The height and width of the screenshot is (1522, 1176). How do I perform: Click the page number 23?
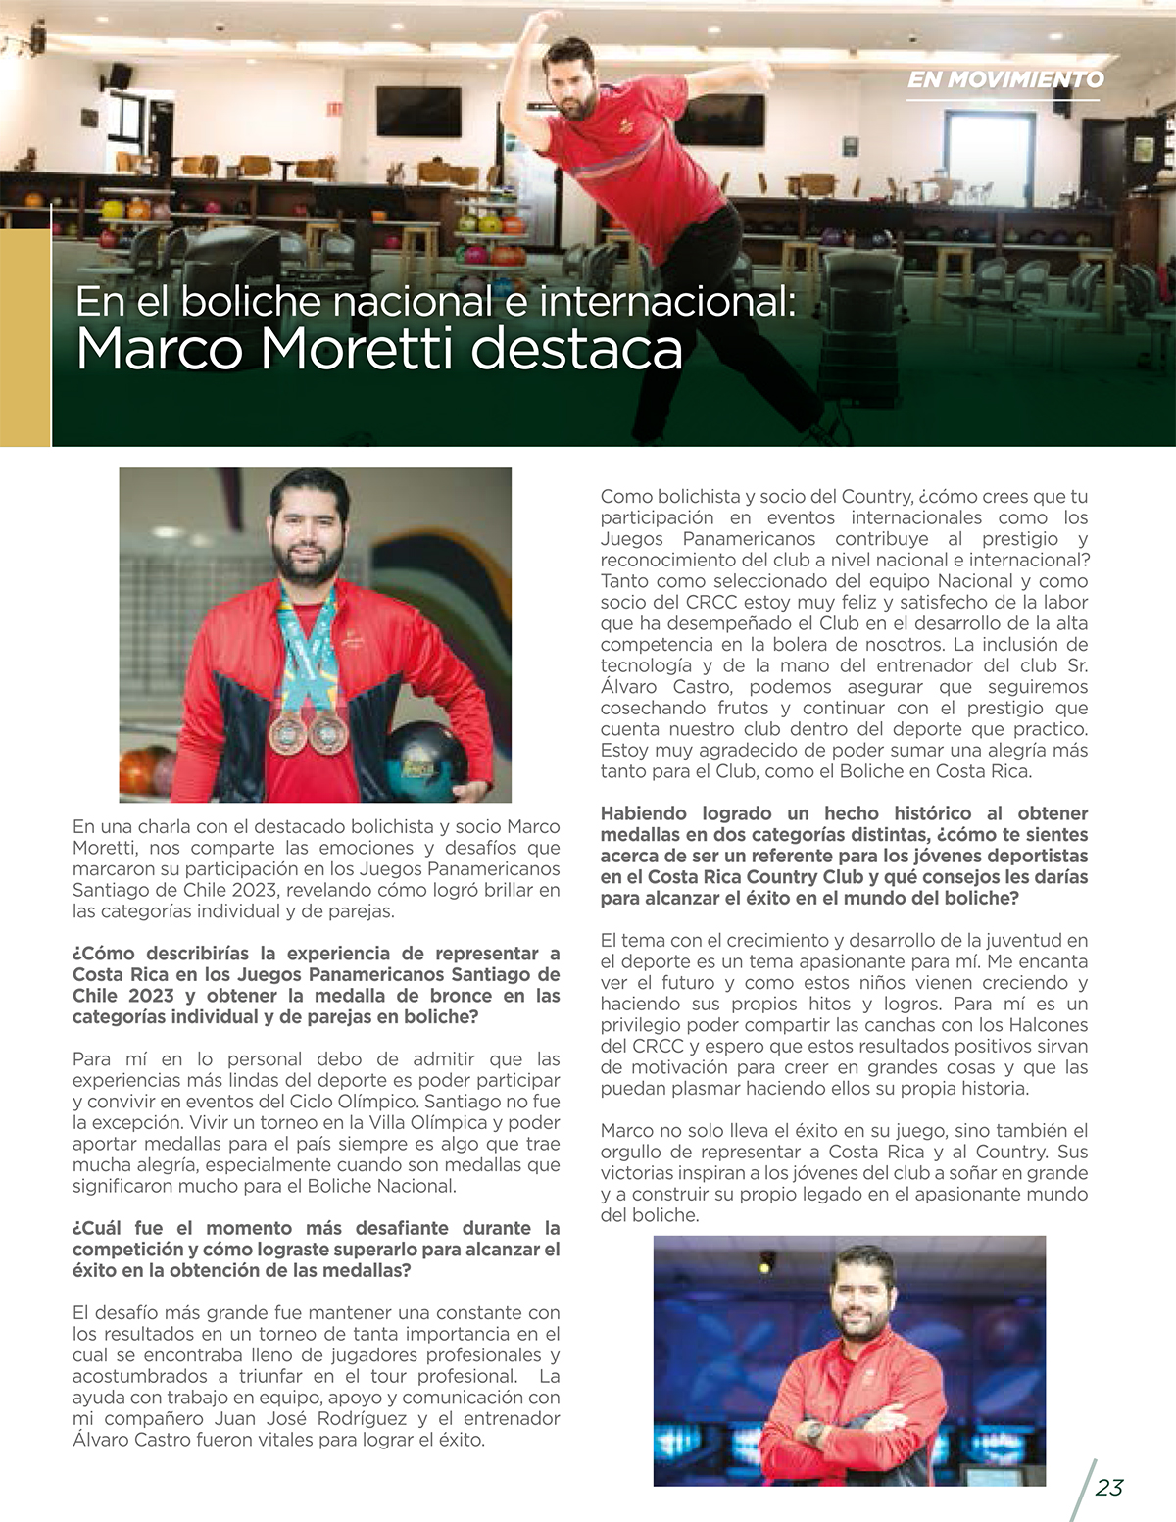[x=1108, y=1487]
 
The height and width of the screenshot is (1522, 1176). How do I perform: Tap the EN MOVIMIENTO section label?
[x=1004, y=79]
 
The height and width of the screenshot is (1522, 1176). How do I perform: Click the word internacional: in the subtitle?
[x=666, y=300]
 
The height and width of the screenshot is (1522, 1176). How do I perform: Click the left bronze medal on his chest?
[x=288, y=732]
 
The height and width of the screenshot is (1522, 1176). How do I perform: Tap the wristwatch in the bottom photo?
[x=812, y=1430]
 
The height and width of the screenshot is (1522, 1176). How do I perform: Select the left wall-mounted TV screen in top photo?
[x=418, y=111]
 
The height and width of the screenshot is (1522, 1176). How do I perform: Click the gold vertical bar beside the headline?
[x=24, y=338]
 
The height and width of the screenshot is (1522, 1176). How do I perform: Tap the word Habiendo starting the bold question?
[x=644, y=813]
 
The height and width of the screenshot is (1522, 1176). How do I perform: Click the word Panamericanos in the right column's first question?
[x=749, y=539]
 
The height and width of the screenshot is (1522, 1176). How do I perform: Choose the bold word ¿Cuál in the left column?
[x=99, y=1228]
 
